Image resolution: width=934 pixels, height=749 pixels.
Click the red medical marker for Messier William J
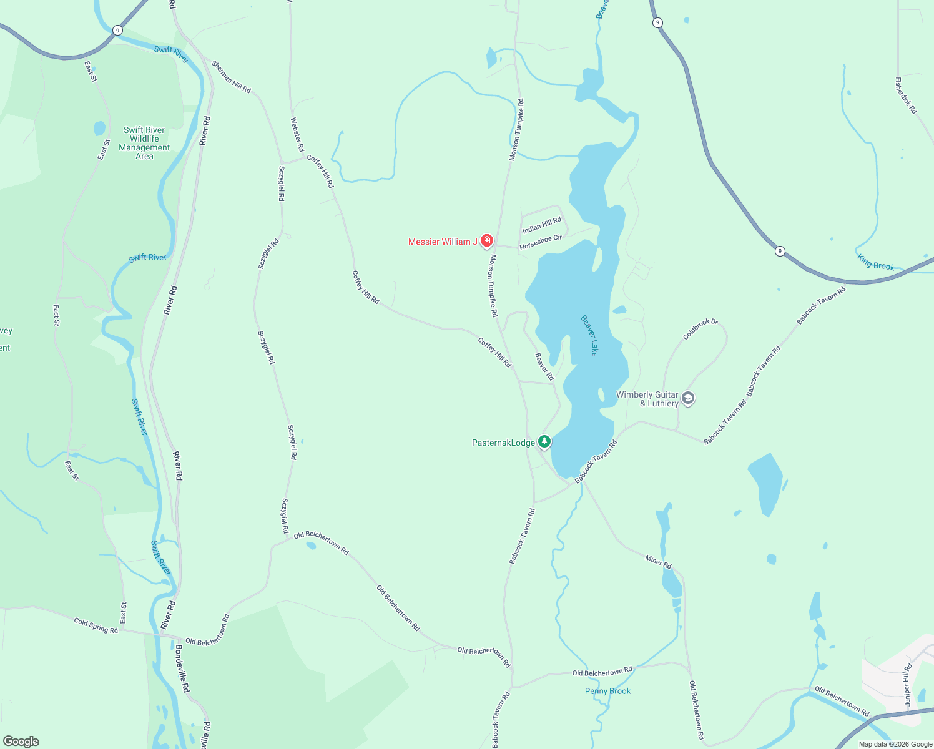487,241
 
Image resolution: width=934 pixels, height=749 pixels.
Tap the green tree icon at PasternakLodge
544,442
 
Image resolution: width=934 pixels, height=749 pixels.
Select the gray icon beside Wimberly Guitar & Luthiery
688,398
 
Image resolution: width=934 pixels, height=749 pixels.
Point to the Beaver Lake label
589,335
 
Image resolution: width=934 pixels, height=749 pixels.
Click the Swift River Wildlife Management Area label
144,144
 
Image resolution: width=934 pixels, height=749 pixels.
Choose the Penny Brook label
607,691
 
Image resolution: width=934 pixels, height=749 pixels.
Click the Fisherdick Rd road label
906,95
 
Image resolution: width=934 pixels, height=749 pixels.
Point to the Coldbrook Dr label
700,329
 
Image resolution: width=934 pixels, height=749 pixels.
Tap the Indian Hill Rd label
542,225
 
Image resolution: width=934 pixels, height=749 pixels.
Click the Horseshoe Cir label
541,242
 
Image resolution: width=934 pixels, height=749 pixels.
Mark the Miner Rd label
658,562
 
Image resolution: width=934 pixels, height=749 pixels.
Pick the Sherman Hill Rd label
231,77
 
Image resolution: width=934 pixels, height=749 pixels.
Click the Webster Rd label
297,135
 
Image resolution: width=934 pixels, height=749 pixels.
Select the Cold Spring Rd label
96,625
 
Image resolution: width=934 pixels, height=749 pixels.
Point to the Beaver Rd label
544,366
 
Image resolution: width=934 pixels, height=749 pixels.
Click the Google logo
21,742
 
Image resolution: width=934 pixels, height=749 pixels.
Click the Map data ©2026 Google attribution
895,744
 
